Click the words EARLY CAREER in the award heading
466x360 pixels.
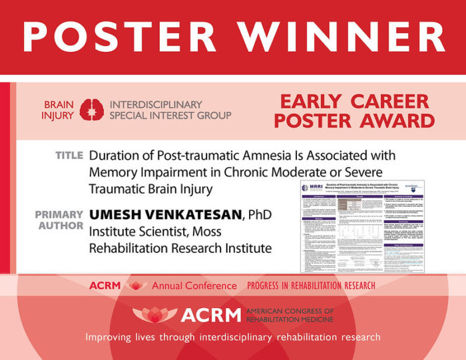tap(354, 102)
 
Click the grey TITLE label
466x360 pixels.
tap(69, 156)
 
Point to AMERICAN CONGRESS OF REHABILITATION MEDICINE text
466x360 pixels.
tap(290, 315)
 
